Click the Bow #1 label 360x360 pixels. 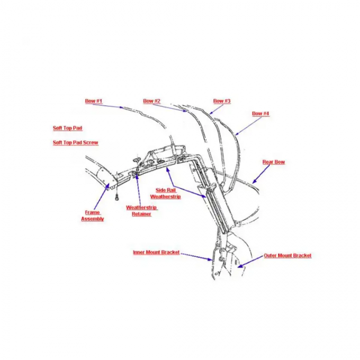[94, 101]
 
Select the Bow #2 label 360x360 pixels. [152, 101]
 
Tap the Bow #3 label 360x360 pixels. [222, 101]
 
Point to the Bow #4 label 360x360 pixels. [260, 113]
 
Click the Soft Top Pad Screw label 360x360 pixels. [76, 142]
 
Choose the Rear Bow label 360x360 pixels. [274, 162]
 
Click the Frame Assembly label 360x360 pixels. [93, 215]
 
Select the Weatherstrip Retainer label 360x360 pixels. [141, 211]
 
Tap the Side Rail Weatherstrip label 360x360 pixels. [166, 193]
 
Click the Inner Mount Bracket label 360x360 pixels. [156, 253]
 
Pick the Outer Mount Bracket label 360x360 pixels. [287, 256]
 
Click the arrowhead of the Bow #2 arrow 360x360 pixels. [185, 111]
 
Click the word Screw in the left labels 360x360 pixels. [91, 142]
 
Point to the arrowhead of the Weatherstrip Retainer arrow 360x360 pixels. [137, 177]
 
